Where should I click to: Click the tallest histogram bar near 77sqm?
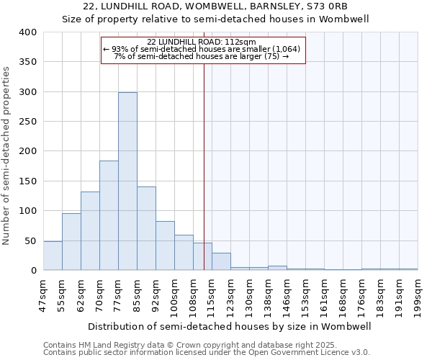click(x=127, y=181)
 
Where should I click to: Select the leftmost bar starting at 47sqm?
click(x=53, y=256)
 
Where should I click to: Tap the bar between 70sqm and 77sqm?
click(x=109, y=215)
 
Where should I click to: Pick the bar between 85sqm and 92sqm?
click(x=146, y=228)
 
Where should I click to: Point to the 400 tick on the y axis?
click(x=28, y=32)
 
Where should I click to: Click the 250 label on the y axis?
click(x=28, y=122)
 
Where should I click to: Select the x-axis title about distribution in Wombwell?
click(x=230, y=326)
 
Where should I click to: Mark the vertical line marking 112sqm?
click(x=204, y=166)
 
